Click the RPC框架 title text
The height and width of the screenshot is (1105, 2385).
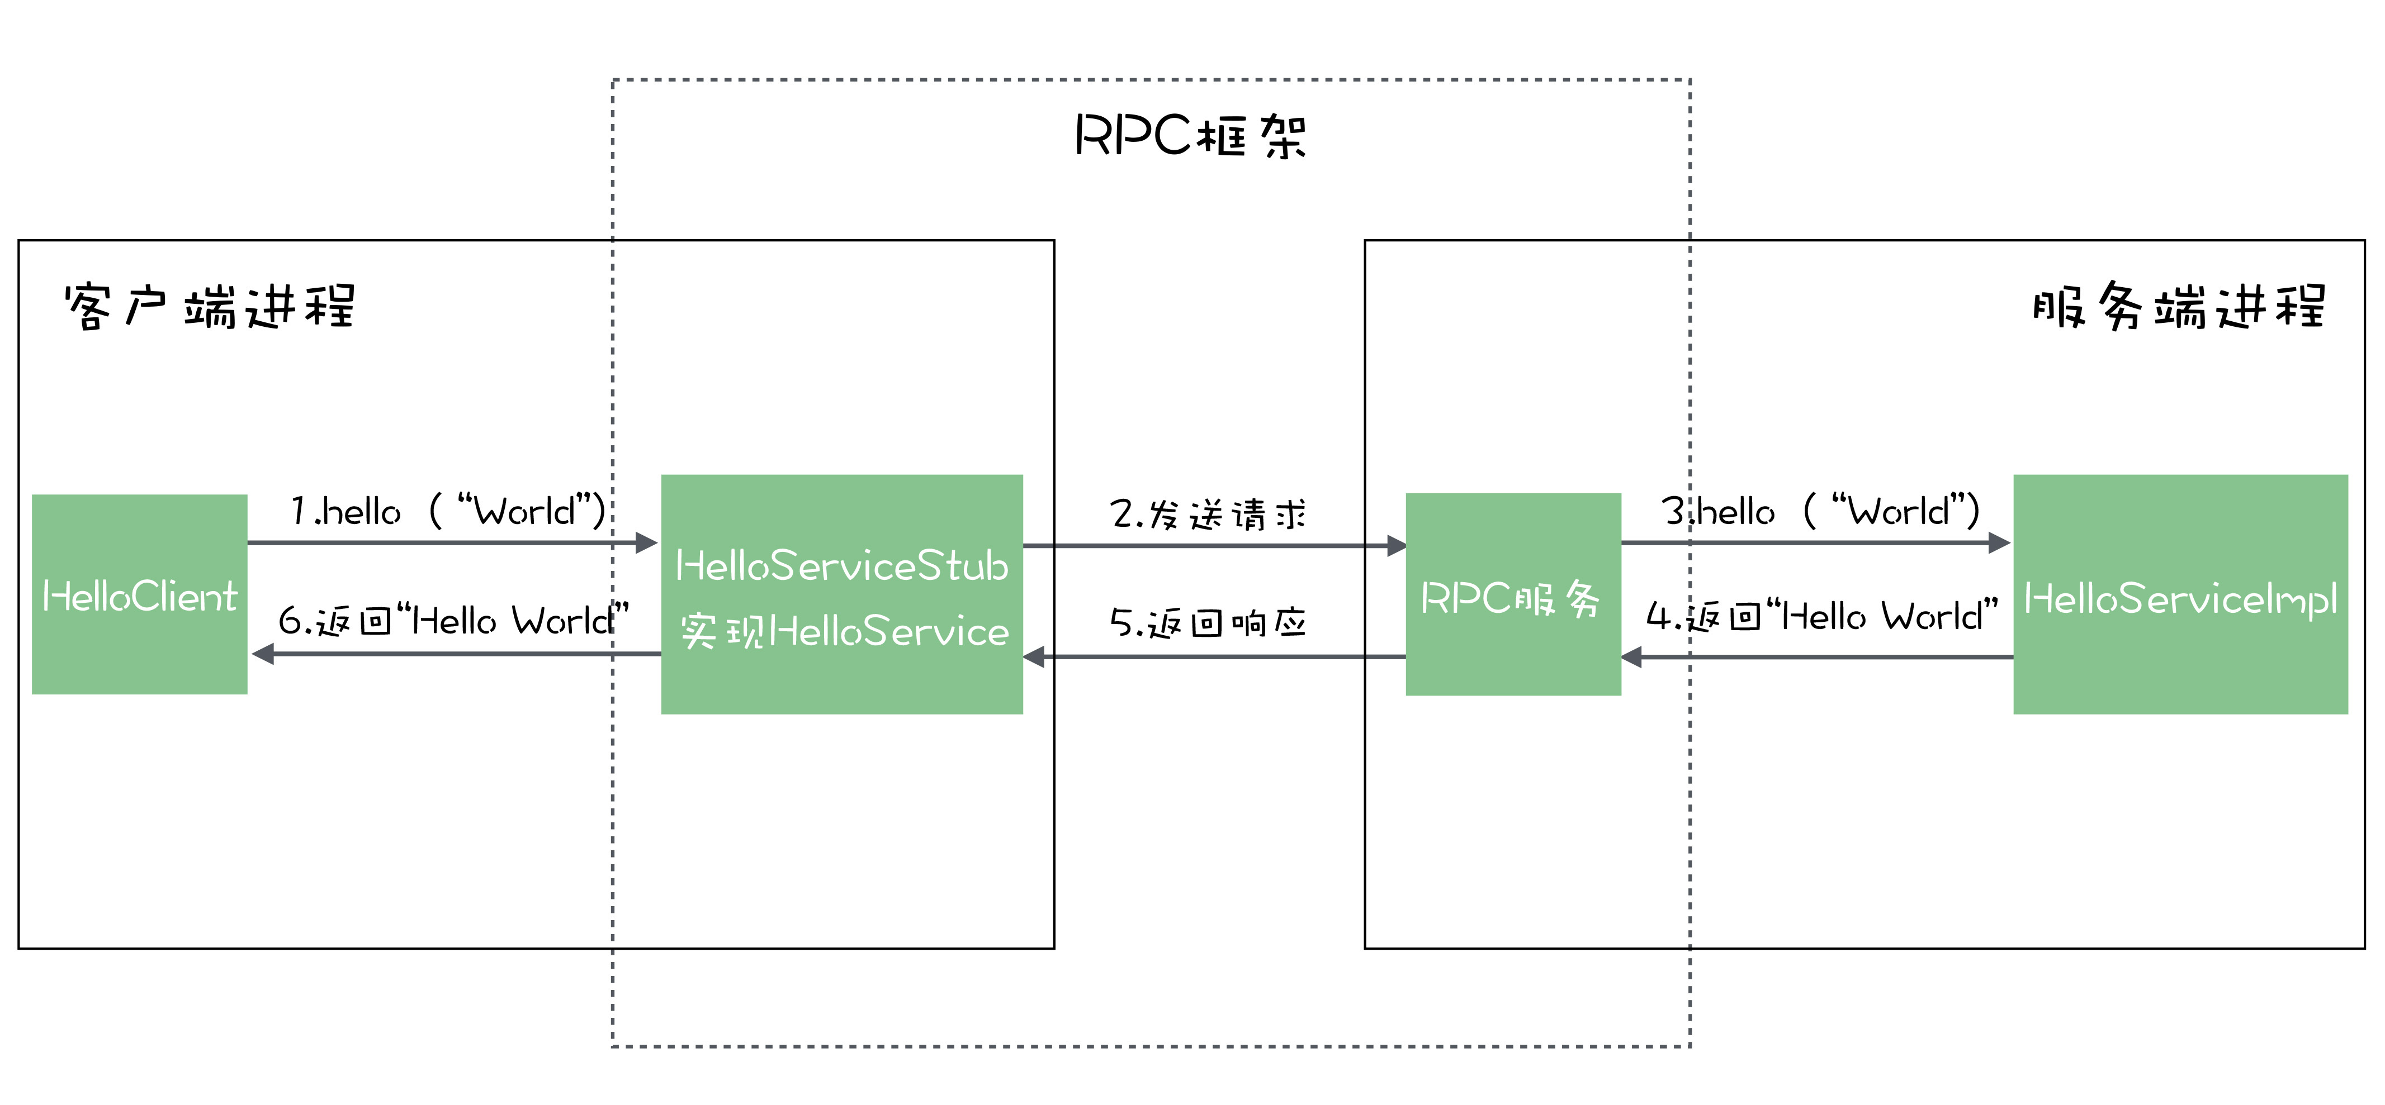[x=1190, y=136]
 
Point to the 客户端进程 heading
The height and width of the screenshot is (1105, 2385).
[x=209, y=306]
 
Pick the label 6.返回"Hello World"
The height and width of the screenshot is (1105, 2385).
[x=453, y=620]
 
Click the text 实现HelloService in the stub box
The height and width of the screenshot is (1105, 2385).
[x=844, y=632]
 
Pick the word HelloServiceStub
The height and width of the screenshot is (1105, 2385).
[x=841, y=565]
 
